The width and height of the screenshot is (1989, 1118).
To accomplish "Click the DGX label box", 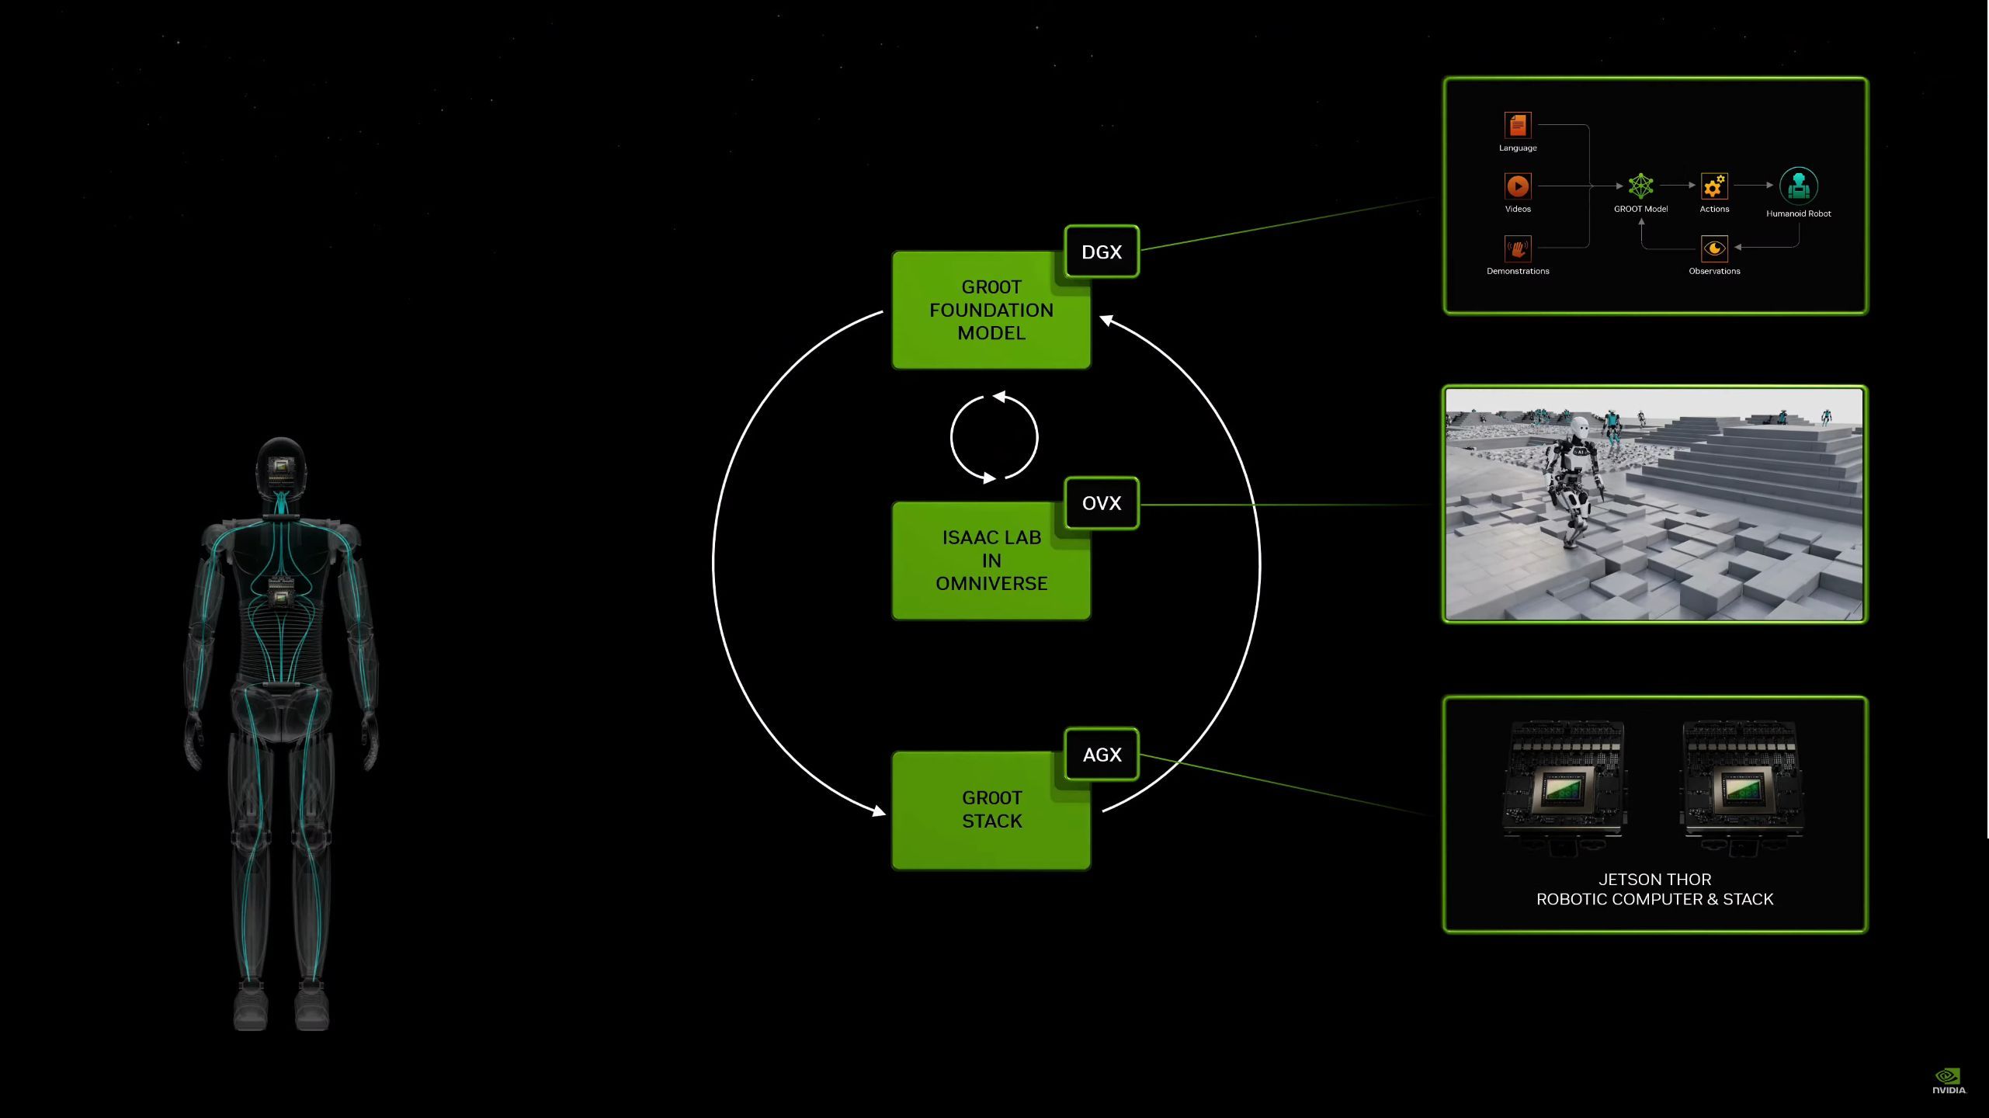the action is pos(1102,252).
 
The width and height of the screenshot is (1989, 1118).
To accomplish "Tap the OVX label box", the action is pos(1102,503).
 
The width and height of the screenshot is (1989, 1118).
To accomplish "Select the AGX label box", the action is pos(1102,754).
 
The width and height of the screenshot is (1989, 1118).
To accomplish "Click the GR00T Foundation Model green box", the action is pos(991,310).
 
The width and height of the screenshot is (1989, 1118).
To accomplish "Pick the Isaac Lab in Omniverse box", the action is pos(991,561).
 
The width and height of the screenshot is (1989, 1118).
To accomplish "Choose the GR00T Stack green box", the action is pos(991,810).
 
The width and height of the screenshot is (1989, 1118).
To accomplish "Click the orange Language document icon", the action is pos(1518,125).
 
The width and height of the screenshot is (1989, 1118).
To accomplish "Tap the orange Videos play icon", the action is pos(1518,186).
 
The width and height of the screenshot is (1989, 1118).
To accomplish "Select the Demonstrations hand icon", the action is pos(1518,248).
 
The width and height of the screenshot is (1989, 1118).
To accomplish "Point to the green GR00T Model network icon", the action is pos(1640,186).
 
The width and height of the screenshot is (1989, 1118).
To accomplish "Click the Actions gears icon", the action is pos(1714,186).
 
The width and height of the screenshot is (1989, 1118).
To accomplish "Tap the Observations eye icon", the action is pos(1714,248).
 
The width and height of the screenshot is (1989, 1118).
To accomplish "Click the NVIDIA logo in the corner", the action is pos(1949,1081).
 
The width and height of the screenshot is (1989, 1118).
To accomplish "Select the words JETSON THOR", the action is pos(1654,880).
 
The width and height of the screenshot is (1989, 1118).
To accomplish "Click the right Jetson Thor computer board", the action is pos(1741,786).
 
